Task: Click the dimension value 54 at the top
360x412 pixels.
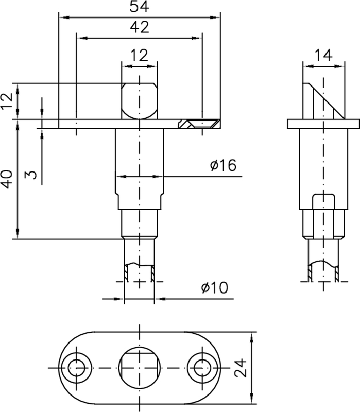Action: pos(139,7)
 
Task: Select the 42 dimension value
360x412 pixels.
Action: pos(139,28)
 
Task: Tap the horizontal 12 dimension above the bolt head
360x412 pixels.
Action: pos(139,54)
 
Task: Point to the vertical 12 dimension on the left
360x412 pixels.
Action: pos(7,101)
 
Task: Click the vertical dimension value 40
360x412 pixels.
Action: pos(7,179)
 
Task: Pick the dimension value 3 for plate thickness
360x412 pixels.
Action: pos(32,175)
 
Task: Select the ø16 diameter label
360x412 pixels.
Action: pos(223,166)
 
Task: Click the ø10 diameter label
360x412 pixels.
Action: pos(215,287)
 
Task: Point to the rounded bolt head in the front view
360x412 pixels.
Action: pos(139,100)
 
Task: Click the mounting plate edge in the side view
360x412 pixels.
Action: pos(323,124)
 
